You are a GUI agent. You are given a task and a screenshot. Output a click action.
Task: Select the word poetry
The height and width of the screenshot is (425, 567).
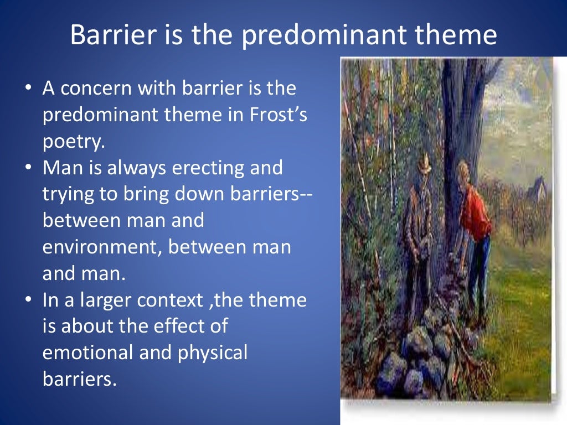tap(74, 142)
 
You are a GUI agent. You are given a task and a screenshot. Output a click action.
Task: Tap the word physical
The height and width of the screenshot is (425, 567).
tap(213, 353)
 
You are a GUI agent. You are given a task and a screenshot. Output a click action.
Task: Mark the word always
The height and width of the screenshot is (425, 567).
tap(137, 168)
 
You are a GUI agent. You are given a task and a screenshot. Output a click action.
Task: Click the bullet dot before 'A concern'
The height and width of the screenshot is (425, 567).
tap(28, 89)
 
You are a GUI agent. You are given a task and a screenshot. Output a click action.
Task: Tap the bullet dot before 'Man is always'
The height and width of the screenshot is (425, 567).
tap(28, 168)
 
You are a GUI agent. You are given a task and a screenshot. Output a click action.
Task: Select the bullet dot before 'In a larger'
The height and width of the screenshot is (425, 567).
tap(28, 300)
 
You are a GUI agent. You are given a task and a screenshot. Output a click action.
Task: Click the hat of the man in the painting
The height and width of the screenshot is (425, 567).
tap(424, 163)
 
